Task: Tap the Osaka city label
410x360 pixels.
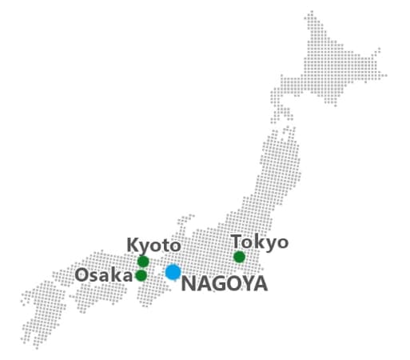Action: tap(103, 275)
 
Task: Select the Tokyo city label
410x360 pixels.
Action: tap(259, 242)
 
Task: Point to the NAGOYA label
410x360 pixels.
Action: tap(225, 284)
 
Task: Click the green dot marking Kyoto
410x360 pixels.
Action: tap(143, 262)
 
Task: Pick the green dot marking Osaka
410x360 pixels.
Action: tap(141, 276)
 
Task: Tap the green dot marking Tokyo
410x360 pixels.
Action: tap(239, 257)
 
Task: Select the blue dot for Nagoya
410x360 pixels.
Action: tap(173, 272)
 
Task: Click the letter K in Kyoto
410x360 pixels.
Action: tap(133, 245)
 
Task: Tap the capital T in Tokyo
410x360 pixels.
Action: tap(237, 241)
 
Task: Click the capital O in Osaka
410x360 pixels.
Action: tap(82, 275)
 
